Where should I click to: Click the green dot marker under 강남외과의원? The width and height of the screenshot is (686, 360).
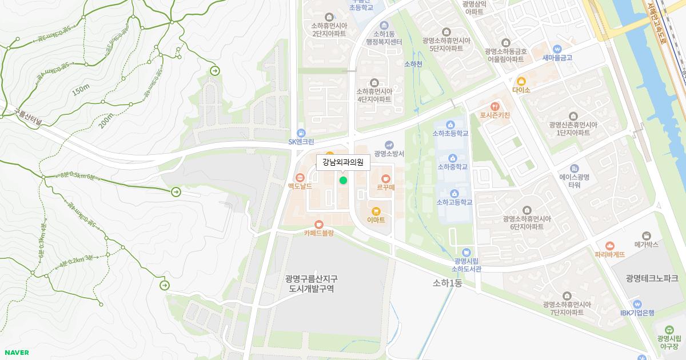343,181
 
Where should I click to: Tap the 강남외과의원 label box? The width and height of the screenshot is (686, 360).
343,162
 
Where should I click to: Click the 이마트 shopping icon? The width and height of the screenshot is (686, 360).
376,211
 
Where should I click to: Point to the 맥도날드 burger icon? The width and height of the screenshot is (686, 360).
300,177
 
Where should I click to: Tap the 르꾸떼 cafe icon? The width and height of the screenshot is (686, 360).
386,178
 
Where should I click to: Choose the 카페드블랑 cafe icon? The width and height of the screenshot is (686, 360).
318,224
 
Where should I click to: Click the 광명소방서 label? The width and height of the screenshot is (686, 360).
389,154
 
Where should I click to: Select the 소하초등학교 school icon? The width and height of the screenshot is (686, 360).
450,125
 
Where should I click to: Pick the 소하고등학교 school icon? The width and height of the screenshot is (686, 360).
454,193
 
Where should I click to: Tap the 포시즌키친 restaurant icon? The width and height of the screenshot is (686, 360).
495,106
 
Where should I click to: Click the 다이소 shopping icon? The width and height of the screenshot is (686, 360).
521,81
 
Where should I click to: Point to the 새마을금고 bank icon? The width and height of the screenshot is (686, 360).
557,49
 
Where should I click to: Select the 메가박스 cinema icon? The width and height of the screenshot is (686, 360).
647,235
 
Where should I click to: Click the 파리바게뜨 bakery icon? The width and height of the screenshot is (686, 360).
609,246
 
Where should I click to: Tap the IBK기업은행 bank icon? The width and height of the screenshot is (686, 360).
637,304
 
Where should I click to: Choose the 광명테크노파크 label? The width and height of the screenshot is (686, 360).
652,278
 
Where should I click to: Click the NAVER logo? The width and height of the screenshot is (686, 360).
16,353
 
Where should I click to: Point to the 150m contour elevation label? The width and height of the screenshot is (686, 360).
81,89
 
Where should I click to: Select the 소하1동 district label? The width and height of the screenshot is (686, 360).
447,283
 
